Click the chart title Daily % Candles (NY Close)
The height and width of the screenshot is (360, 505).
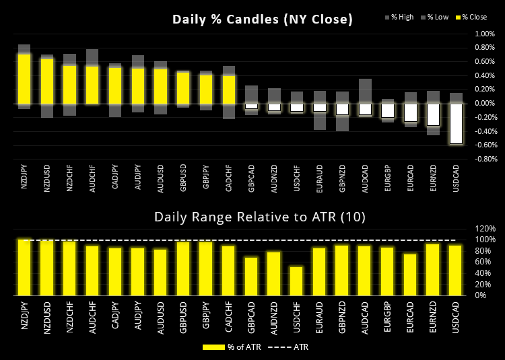tap(262, 20)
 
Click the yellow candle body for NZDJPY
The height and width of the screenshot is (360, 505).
tap(24, 79)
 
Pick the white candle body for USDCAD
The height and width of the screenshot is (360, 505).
tap(456, 123)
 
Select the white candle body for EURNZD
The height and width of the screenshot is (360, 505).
tap(433, 114)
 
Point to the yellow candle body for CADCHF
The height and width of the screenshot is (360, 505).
tap(229, 89)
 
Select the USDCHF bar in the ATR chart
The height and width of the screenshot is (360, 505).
tap(297, 281)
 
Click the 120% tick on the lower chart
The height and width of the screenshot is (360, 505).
tap(485, 228)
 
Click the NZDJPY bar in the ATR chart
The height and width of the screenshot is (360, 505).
tap(24, 267)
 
